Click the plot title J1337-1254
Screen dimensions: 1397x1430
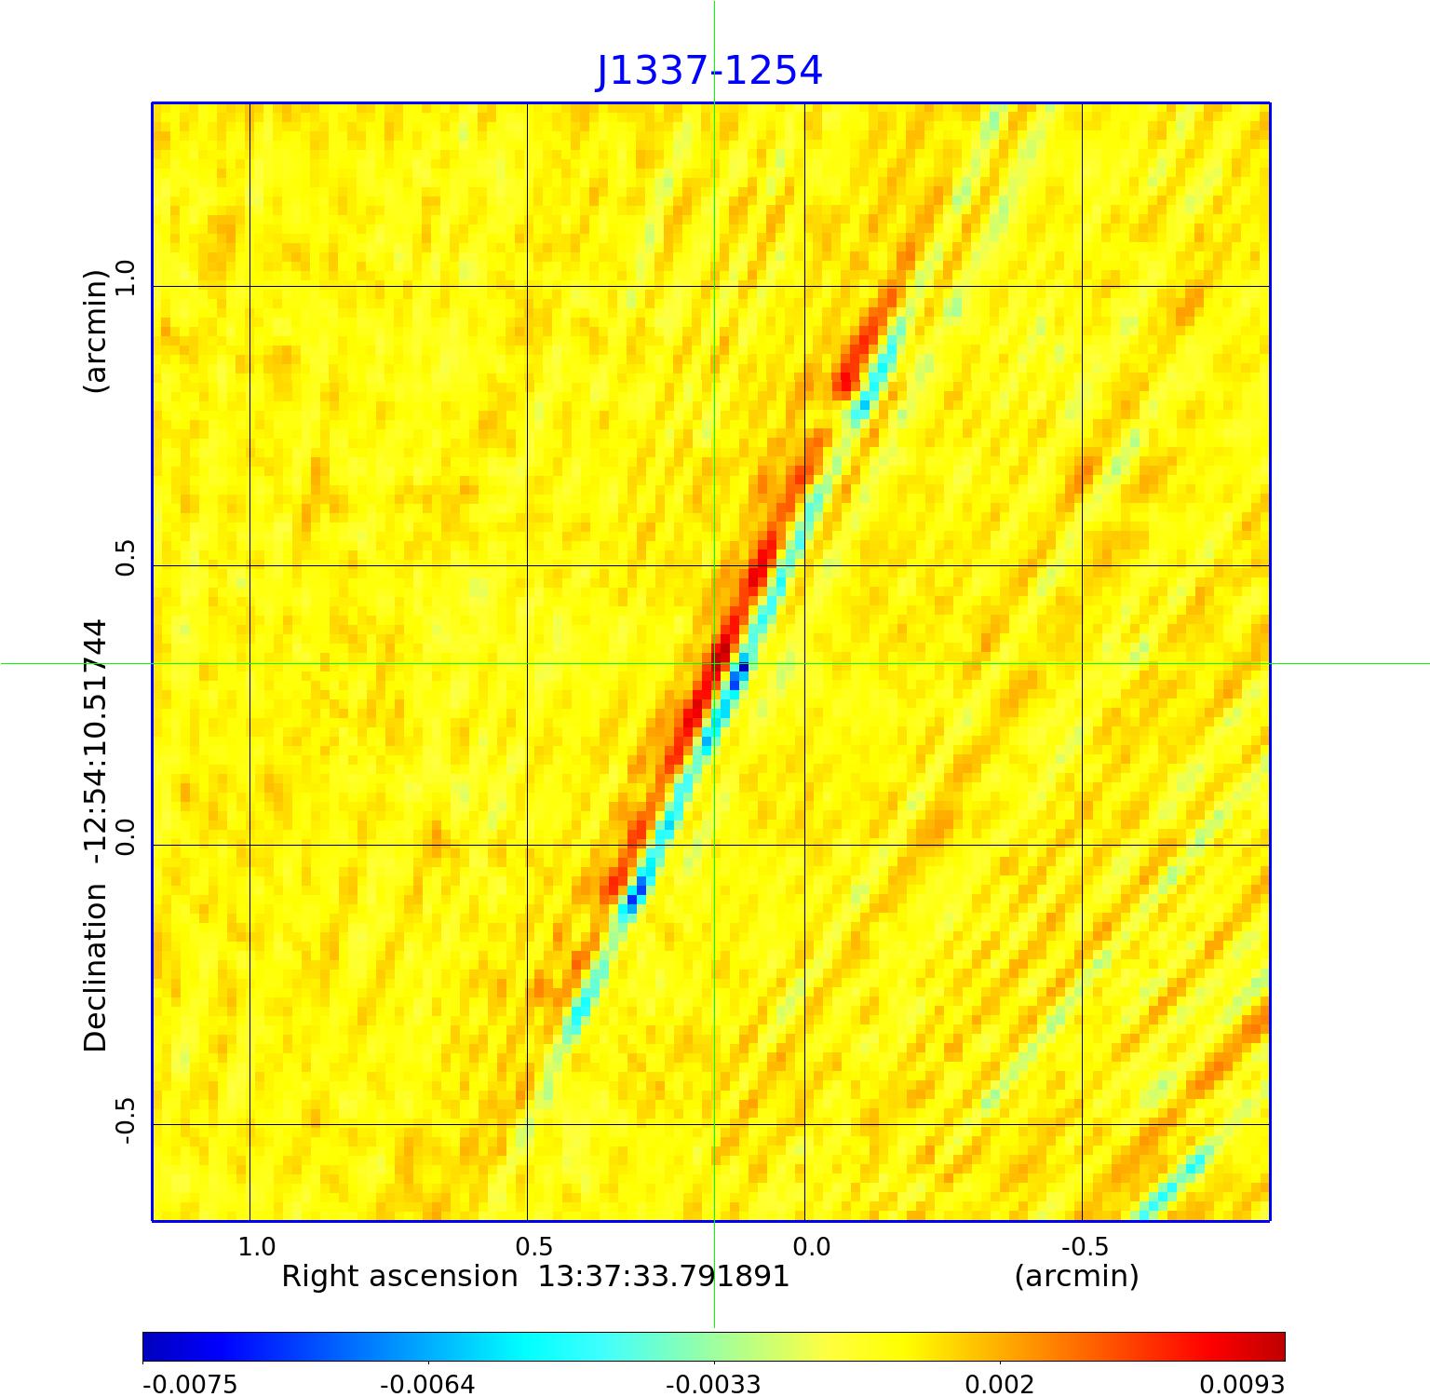[x=709, y=71]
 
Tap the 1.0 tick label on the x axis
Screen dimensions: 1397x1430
[x=257, y=1247]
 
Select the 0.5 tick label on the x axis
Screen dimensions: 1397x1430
[x=534, y=1247]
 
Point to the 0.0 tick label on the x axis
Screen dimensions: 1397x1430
[x=811, y=1247]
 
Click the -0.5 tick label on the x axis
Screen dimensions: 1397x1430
[x=1085, y=1247]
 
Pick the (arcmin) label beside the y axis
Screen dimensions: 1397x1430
[x=96, y=332]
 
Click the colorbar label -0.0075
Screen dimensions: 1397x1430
[x=190, y=1384]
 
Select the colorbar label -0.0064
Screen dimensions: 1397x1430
[x=427, y=1384]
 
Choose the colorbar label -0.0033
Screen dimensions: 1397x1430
[x=712, y=1384]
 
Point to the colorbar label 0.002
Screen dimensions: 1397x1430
[x=999, y=1384]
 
